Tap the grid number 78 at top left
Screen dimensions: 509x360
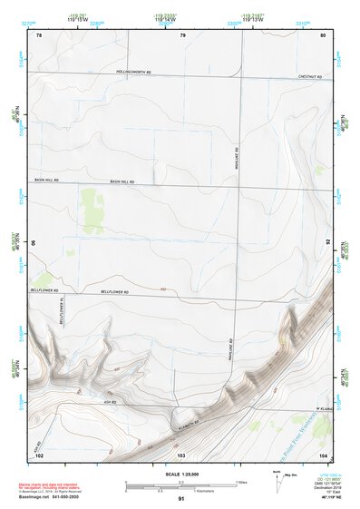click(x=39, y=34)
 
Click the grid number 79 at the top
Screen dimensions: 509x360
click(x=181, y=34)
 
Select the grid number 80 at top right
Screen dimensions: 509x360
click(x=323, y=34)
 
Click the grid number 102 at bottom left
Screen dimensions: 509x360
click(x=39, y=453)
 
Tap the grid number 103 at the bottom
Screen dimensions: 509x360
click(x=181, y=453)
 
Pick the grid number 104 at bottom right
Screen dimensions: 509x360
click(x=323, y=453)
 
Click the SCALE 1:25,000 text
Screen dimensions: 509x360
click(x=180, y=474)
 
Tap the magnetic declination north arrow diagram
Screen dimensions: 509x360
click(x=276, y=478)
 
